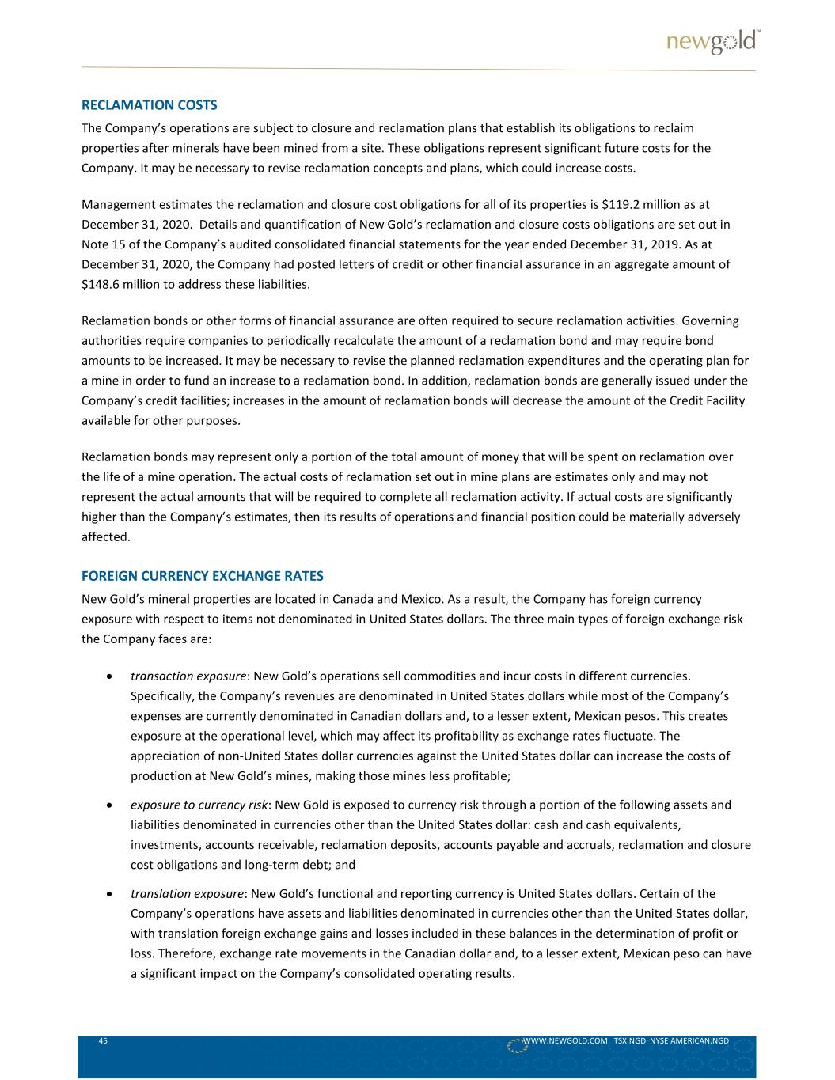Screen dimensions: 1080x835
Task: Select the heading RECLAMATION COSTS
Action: pyautogui.click(x=150, y=104)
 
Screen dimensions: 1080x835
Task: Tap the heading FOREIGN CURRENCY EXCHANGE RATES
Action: pyautogui.click(x=203, y=574)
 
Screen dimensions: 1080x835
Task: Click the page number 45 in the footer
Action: pyautogui.click(x=103, y=1040)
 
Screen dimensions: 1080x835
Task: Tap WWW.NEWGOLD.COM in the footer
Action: pyautogui.click(x=565, y=1040)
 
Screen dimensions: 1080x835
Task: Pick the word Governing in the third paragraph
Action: pyautogui.click(x=710, y=320)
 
